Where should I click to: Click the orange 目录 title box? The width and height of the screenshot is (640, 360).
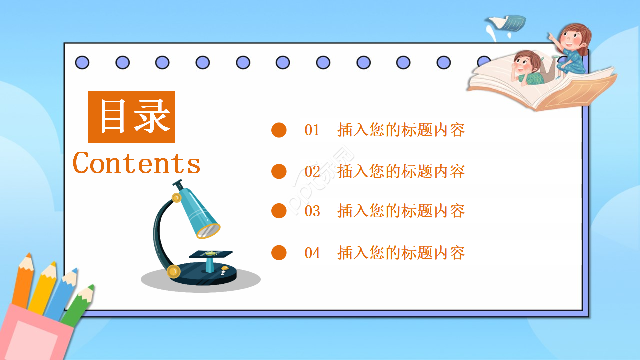click(x=132, y=117)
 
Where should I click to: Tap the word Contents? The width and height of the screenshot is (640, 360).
click(x=136, y=163)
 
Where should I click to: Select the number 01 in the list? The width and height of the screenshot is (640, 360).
click(x=312, y=130)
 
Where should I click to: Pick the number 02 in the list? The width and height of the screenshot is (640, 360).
click(x=312, y=172)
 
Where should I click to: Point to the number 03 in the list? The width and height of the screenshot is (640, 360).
click(x=312, y=211)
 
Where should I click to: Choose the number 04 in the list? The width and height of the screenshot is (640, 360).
click(x=312, y=253)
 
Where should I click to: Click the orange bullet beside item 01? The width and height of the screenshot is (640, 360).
click(x=279, y=130)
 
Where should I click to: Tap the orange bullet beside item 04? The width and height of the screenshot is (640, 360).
click(x=279, y=253)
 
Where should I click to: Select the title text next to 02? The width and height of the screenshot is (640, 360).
click(x=401, y=172)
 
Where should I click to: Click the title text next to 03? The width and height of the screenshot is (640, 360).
click(x=401, y=211)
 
